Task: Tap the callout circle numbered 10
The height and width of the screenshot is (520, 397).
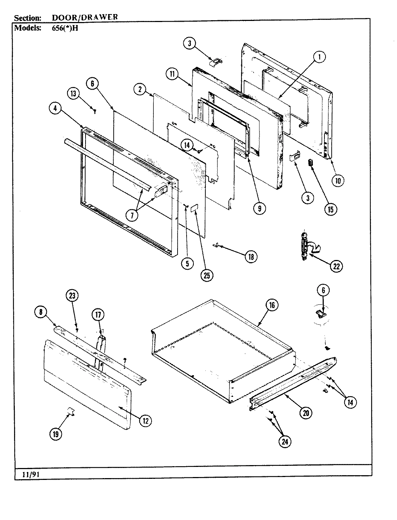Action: (337, 180)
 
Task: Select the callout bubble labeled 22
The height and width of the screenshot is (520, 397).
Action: (336, 266)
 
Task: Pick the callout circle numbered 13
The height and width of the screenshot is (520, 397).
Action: (73, 94)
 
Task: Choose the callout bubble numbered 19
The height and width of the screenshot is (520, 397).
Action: (55, 434)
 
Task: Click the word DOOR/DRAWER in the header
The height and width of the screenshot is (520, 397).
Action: (85, 17)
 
